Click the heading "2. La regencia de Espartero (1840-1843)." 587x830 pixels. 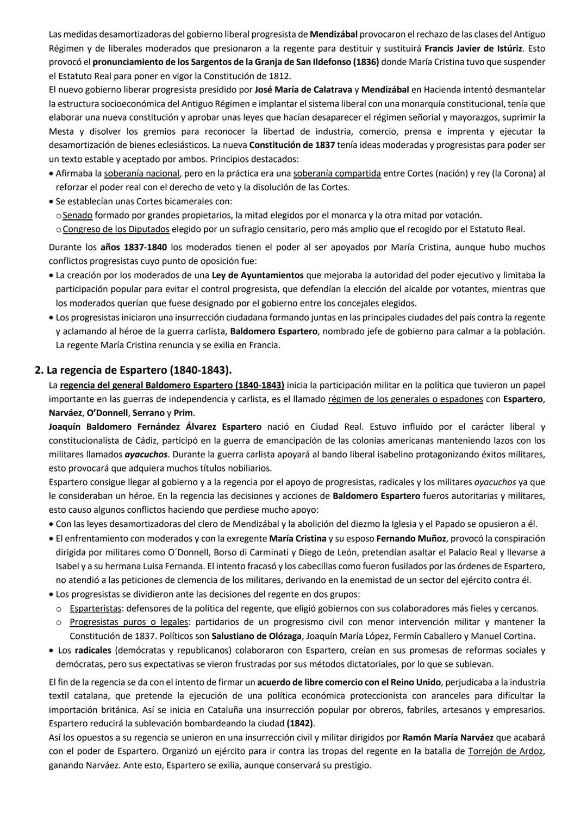(133, 370)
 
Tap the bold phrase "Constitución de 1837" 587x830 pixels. (292, 145)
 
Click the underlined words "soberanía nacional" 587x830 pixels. (141, 173)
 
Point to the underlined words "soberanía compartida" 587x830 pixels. (336, 173)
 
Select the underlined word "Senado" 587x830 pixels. (77, 215)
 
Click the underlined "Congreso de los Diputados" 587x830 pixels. (116, 229)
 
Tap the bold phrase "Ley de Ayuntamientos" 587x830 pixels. (258, 275)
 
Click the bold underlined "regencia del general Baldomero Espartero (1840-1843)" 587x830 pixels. (172, 385)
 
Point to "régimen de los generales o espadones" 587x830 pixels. (405, 399)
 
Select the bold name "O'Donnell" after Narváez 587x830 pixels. (108, 413)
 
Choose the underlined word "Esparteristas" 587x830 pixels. (95, 608)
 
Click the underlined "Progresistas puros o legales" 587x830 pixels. (129, 622)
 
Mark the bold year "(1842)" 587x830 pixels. (300, 724)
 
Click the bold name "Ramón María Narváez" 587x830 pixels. (447, 738)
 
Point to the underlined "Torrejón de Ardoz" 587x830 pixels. (505, 751)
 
